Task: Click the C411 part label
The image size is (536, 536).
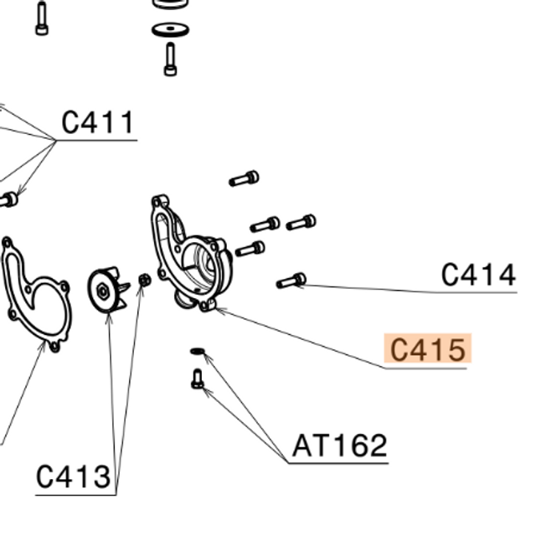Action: (x=98, y=123)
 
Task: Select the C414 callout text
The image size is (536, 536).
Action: (x=478, y=275)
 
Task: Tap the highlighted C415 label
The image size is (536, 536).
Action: (x=427, y=349)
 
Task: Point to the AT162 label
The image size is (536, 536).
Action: (x=339, y=446)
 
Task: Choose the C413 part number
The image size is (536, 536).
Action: (x=74, y=477)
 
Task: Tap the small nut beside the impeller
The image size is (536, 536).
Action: (x=143, y=281)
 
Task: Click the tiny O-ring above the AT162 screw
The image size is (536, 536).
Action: (x=198, y=351)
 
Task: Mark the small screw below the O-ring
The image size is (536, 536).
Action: (x=198, y=379)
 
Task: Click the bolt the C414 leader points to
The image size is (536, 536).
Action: (x=291, y=281)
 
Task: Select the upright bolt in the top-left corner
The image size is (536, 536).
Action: (x=42, y=19)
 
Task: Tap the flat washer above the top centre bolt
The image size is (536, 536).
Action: (x=170, y=30)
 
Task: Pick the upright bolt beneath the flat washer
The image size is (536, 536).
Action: (x=171, y=59)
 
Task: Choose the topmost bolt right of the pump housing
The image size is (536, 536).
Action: (x=244, y=178)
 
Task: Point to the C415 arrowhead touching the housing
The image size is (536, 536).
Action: (x=215, y=308)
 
